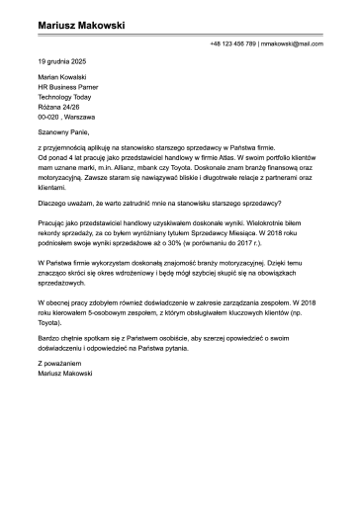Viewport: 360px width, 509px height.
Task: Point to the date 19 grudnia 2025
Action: click(x=61, y=62)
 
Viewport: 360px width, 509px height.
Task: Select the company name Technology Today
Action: click(x=62, y=99)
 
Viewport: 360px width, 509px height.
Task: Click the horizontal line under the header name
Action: click(x=179, y=37)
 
